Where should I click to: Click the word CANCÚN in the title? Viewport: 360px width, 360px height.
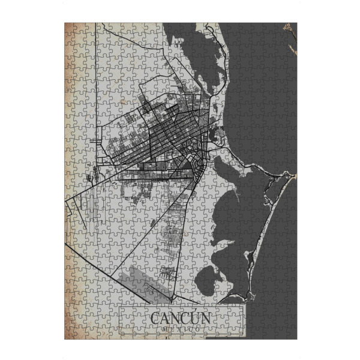pyautogui.click(x=180, y=317)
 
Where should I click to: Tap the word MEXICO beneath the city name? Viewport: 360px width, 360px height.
pyautogui.click(x=180, y=329)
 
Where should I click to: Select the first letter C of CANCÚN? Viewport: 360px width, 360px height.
pyautogui.click(x=155, y=318)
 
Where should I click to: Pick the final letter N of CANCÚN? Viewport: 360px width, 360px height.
pyautogui.click(x=205, y=318)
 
